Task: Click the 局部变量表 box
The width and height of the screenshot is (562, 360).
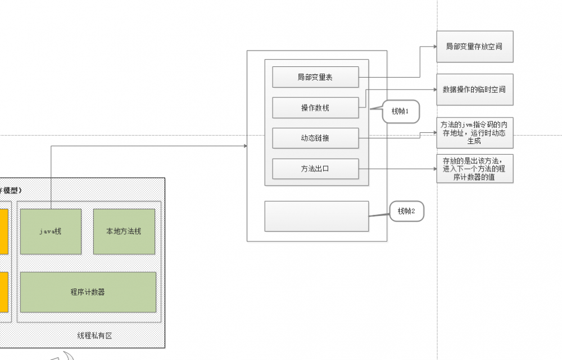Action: pos(315,77)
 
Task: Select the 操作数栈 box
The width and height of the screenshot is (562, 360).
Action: pos(315,107)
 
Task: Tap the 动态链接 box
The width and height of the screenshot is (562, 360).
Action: pos(315,138)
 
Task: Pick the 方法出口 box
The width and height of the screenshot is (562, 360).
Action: pos(315,169)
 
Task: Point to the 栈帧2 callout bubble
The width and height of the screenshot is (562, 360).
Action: pos(406,211)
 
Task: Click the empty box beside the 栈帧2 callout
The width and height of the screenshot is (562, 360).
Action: pos(316,216)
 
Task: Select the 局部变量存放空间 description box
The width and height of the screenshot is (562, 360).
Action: pos(474,47)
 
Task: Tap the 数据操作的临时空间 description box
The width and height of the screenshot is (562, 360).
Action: pos(474,89)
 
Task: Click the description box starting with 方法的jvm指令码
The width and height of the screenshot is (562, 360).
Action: pos(474,133)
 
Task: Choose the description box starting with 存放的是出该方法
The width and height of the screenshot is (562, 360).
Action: pos(474,169)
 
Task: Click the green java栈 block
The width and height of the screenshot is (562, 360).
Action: pos(51,232)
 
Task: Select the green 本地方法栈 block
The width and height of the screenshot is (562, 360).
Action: pos(124,232)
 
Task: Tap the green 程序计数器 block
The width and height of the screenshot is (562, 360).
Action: pos(88,292)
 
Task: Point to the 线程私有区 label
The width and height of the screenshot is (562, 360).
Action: pos(94,336)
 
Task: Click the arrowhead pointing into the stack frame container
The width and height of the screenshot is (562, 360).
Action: pos(244,146)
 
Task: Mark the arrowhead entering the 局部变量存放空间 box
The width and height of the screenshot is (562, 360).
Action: pos(434,47)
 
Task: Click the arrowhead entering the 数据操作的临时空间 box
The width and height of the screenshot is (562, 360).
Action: pos(434,89)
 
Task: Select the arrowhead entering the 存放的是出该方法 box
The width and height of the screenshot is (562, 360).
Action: pos(434,169)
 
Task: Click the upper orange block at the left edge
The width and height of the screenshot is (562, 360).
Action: pos(3,232)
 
